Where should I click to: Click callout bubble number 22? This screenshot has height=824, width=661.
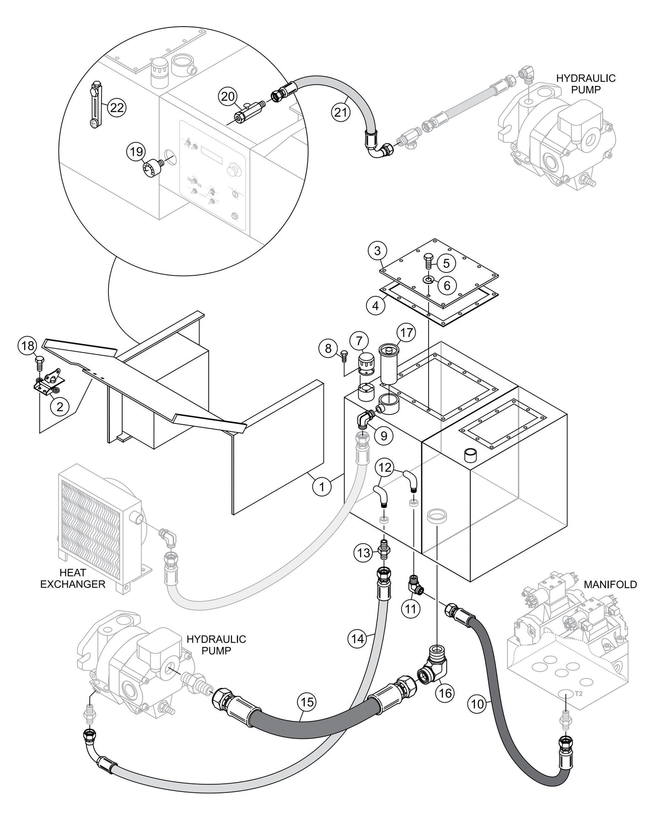coord(117,107)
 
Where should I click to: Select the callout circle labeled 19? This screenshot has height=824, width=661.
coord(136,152)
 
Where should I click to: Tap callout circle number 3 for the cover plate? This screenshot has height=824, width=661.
coord(377,251)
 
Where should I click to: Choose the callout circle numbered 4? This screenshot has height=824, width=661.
coord(376,305)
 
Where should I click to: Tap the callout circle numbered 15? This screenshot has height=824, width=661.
coord(308,701)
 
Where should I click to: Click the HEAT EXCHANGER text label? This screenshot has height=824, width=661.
coord(73,578)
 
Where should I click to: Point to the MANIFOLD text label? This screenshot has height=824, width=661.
coord(610,584)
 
